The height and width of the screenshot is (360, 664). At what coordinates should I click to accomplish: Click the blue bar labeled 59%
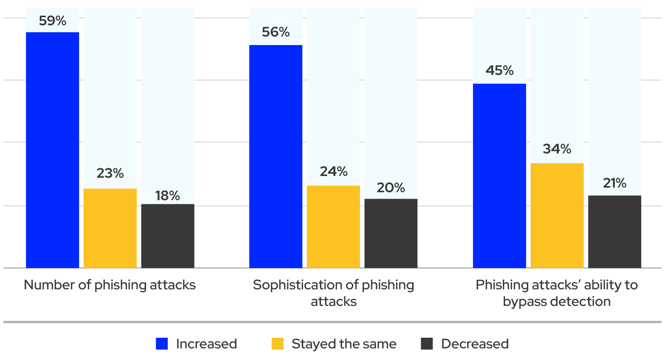52,150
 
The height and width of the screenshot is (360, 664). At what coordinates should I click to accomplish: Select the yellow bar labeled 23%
110,228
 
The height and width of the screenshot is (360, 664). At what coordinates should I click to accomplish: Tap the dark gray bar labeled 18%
167,236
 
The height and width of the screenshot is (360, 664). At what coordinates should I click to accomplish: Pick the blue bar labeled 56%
276,157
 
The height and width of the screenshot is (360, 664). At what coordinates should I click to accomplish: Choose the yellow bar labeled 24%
333,227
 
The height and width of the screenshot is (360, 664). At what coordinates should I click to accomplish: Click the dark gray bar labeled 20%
391,233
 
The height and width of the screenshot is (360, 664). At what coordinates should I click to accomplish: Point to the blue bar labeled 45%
499,175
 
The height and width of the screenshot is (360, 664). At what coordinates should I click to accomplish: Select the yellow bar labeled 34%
557,215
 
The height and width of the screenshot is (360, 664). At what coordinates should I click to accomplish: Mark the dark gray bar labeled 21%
615,231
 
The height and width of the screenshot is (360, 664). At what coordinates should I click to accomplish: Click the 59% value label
52,21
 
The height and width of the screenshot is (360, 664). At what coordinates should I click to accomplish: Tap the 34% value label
557,149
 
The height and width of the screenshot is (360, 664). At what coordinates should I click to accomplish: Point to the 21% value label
615,183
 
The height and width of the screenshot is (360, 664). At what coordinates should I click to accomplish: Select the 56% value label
276,32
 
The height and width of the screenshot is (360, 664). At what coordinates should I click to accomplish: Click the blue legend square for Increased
162,344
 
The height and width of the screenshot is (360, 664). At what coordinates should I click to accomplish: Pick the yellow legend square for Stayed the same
277,344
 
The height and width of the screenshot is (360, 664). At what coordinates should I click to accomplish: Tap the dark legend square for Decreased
427,344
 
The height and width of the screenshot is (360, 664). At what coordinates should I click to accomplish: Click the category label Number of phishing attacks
110,285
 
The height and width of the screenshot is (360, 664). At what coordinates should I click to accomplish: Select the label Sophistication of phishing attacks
333,293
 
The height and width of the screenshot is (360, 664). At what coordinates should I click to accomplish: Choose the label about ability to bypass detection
557,293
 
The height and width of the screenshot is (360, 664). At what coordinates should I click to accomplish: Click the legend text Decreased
475,344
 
